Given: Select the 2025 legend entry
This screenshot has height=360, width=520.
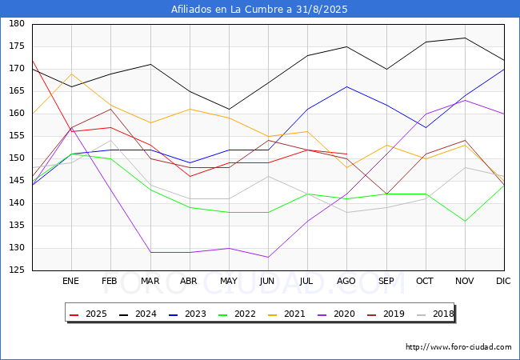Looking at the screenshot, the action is click(88, 314).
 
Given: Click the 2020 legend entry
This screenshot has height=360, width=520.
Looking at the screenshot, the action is click(336, 314).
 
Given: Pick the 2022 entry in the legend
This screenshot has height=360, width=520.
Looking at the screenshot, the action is click(237, 314).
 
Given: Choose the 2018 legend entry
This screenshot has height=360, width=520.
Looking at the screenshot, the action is click(435, 314).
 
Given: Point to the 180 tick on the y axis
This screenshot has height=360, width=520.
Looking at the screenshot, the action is click(17, 23).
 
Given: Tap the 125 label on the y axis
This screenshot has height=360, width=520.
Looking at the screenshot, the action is click(17, 270).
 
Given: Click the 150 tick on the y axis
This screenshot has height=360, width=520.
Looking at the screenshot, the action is click(17, 158).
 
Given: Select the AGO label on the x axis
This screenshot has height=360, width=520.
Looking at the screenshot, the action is click(346, 281).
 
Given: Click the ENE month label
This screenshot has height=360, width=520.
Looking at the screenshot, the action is click(71, 281).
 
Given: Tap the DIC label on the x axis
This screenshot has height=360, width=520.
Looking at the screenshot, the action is click(503, 281).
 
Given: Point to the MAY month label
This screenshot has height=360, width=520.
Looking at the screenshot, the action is click(229, 281).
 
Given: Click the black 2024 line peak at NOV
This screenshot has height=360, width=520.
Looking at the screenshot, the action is click(465, 38).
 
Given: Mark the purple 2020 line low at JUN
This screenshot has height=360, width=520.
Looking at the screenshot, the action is click(268, 257).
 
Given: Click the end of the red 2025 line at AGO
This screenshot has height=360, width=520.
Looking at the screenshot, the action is click(346, 154).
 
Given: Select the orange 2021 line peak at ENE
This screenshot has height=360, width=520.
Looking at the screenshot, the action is click(72, 74).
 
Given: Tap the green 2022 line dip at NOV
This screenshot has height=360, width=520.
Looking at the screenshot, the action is click(465, 221).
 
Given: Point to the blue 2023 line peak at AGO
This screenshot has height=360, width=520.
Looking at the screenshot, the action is click(346, 87).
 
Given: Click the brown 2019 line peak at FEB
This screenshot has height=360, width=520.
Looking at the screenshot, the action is click(110, 109).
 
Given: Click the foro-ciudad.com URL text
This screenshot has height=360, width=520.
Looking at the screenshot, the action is click(458, 347).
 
